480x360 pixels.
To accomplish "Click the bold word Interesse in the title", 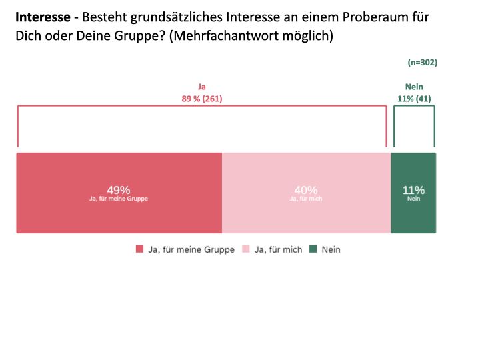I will (43, 17).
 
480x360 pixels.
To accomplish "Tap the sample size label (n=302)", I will (422, 63).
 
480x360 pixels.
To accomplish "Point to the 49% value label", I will (119, 190).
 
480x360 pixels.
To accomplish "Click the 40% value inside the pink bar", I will (306, 190).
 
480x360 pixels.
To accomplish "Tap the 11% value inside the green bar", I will (413, 190).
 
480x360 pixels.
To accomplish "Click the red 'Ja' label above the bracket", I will (202, 87).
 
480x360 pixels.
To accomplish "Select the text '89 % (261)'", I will (202, 99).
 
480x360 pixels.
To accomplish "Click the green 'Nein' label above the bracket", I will (414, 87).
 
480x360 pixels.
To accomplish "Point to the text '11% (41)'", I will (414, 99).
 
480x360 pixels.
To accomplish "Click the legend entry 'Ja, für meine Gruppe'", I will (190, 249).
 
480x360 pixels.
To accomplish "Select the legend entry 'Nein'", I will (331, 249).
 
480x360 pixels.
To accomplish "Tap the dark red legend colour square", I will (140, 249).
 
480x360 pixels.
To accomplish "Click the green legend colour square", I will (313, 249).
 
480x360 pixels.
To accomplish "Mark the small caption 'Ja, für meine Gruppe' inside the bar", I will (119, 199).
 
